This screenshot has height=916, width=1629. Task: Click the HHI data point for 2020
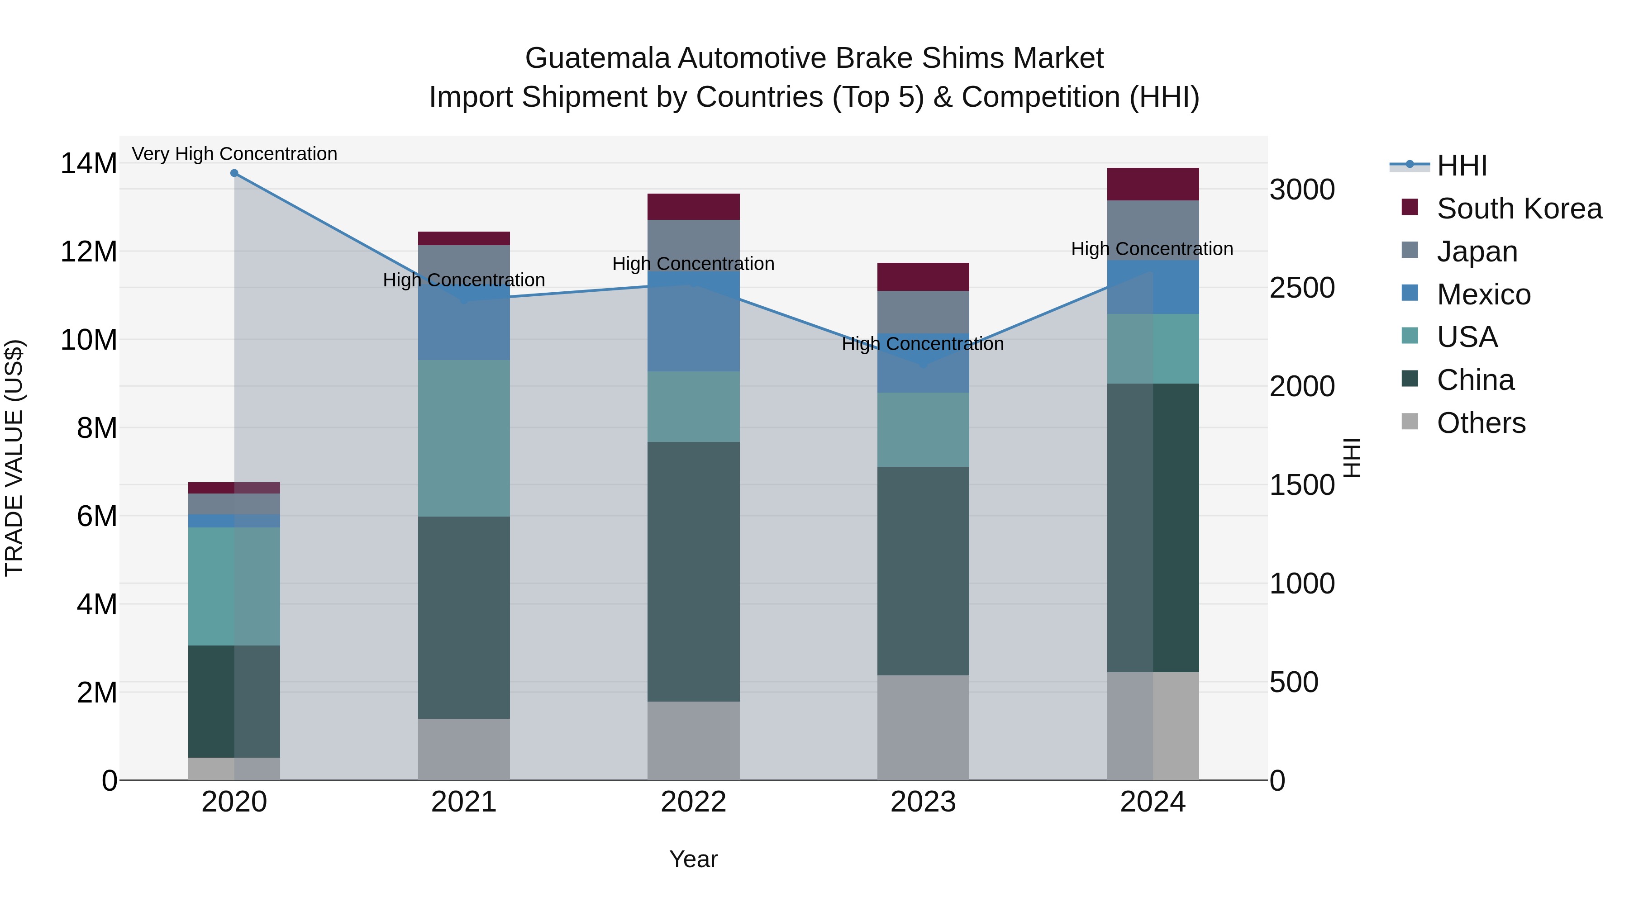coord(234,173)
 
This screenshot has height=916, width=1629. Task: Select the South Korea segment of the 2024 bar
coord(1153,184)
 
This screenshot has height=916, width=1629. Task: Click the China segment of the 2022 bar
coord(693,571)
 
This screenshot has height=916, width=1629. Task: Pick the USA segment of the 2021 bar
coord(463,438)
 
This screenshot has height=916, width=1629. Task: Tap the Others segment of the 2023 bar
coord(923,728)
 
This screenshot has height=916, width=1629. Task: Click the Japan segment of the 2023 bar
coord(923,312)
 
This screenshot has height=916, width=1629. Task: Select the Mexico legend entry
coord(1483,294)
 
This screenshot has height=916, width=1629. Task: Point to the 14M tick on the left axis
coord(89,164)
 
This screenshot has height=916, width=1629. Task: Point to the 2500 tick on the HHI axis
coord(1302,288)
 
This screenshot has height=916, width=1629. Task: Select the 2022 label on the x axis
coord(693,802)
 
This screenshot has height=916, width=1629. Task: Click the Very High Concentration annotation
coord(234,154)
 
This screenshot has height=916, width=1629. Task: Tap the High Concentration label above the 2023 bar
coord(923,344)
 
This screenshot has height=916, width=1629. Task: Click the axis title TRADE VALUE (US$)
coord(14,458)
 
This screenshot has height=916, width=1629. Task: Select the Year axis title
coord(693,859)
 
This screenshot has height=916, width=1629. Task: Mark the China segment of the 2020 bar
coord(234,701)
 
